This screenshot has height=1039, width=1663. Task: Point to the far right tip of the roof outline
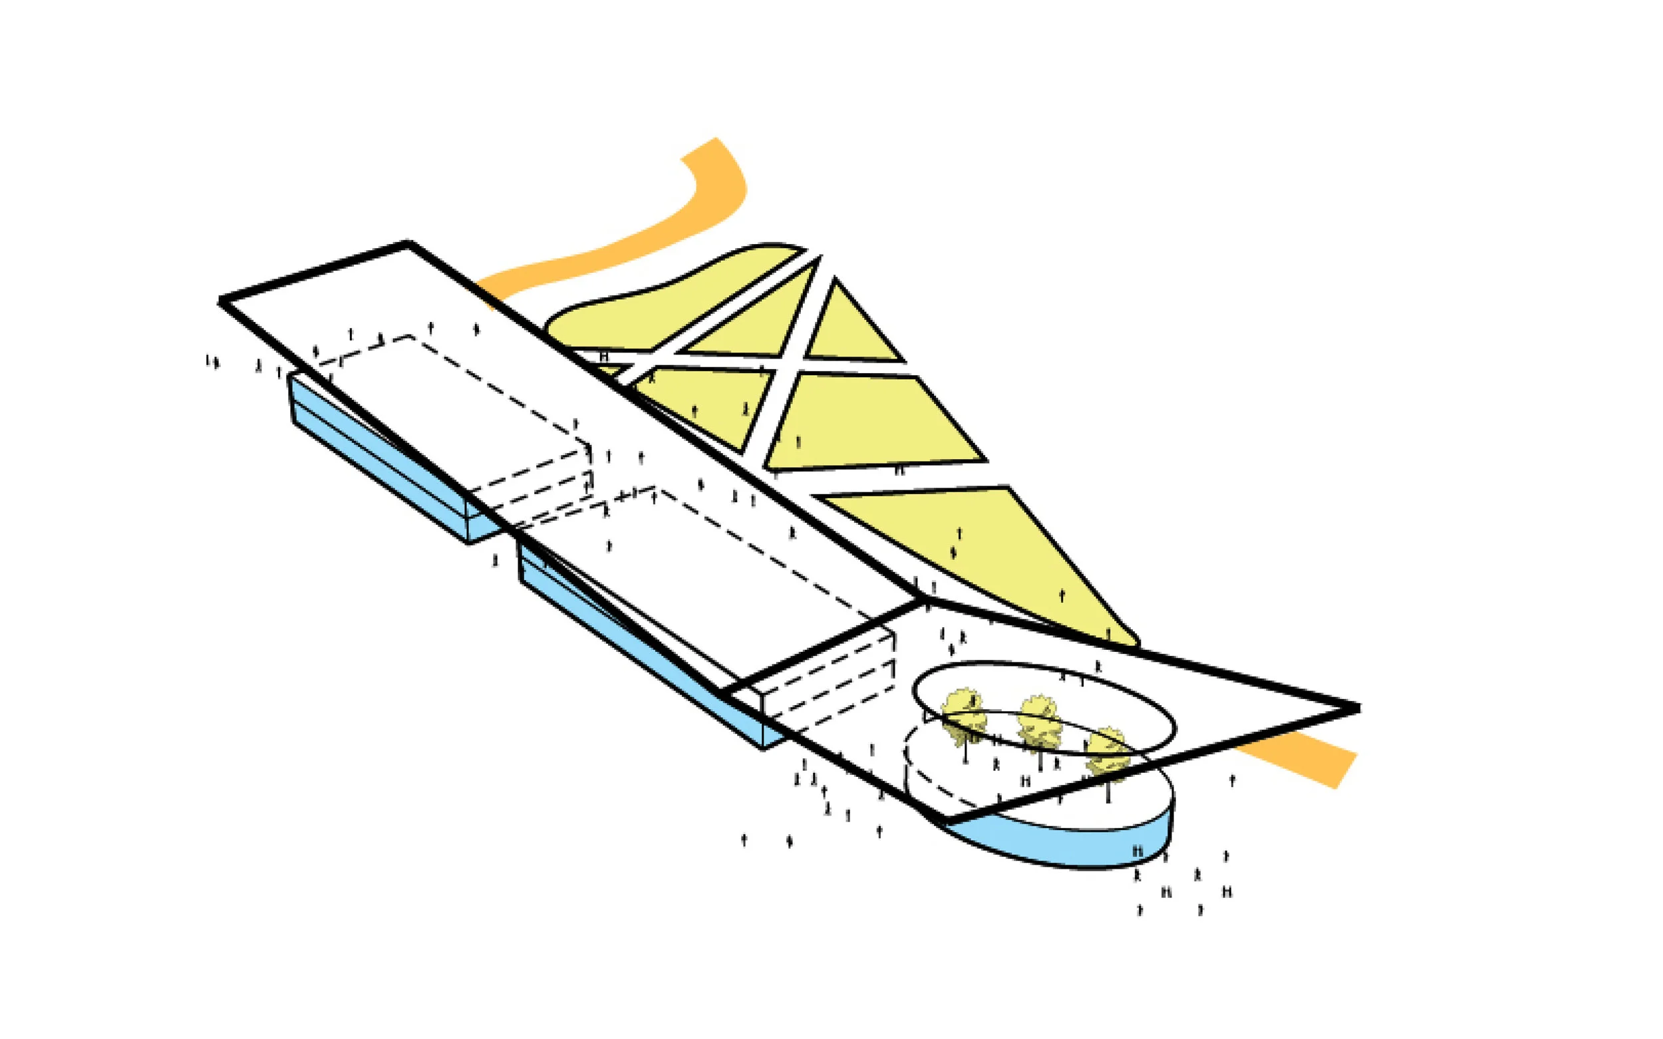(x=1357, y=708)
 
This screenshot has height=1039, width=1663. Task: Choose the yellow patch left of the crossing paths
(x=701, y=406)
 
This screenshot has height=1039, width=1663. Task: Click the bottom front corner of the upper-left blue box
(x=470, y=543)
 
